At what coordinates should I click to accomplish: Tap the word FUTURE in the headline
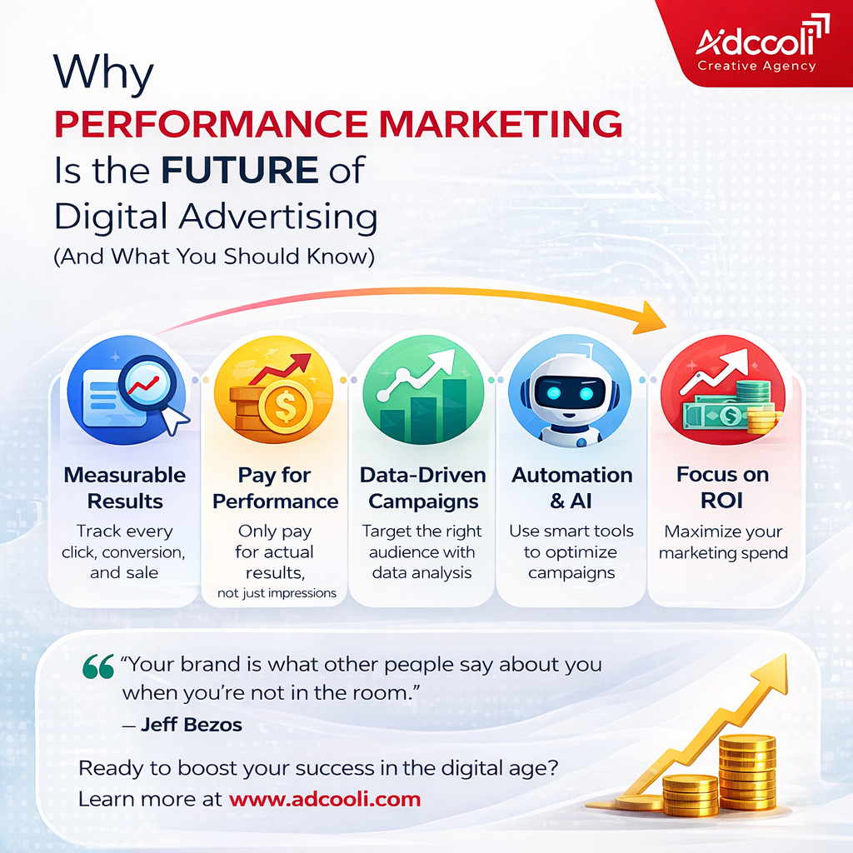coord(240,170)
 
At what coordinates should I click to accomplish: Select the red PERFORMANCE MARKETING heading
coord(338,123)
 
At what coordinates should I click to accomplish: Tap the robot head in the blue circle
coord(565,392)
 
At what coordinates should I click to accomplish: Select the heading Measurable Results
coord(125,488)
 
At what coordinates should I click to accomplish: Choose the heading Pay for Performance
coord(275,488)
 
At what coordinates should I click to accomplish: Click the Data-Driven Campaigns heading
coord(422,488)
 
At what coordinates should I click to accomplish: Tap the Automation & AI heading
coord(571,488)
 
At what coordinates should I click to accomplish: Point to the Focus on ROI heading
coord(722,488)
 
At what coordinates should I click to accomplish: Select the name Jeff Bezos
coord(191,724)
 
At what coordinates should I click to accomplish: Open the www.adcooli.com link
coord(325,800)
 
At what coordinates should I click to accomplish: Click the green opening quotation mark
coord(98,666)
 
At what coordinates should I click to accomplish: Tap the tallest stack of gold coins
coord(746,771)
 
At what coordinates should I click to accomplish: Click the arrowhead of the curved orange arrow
coord(654,317)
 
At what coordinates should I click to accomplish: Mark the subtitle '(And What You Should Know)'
coord(214,257)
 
